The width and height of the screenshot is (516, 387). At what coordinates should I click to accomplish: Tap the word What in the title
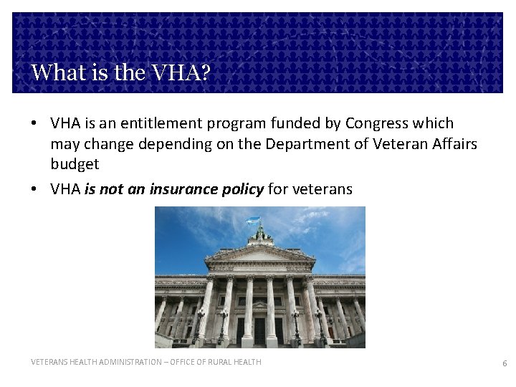pos(54,72)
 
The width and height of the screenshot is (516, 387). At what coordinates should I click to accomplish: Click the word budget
pos(75,164)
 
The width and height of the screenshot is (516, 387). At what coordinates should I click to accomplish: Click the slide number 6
pos(505,363)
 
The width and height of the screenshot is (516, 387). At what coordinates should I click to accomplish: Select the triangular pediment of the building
pos(259,253)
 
